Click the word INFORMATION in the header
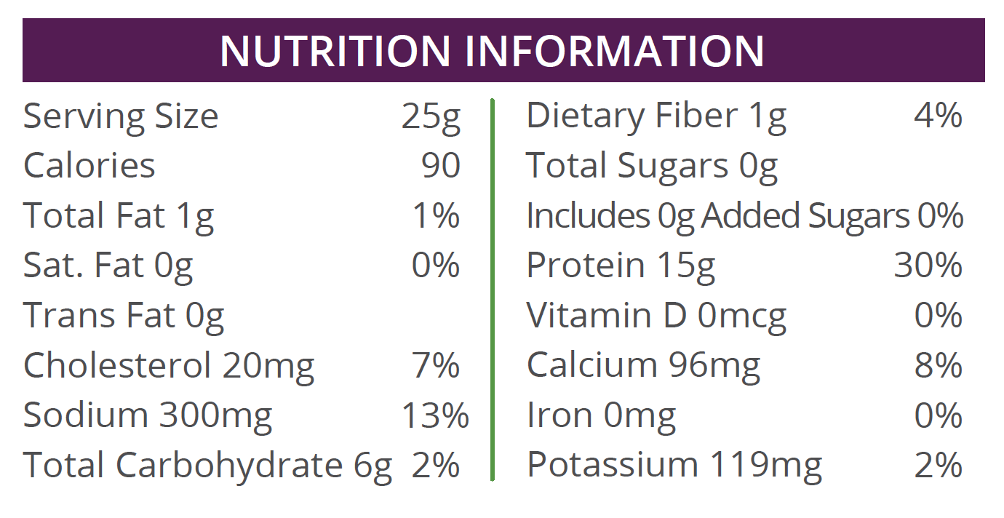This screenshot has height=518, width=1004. click(615, 50)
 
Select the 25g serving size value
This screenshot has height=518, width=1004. click(431, 117)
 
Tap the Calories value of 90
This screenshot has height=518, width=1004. click(441, 166)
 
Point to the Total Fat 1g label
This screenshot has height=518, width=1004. click(119, 216)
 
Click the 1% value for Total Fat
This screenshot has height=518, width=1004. click(436, 216)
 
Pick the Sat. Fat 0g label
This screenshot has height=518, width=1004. click(108, 266)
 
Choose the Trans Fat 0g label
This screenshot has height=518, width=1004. click(124, 316)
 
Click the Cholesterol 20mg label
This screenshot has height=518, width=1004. click(169, 365)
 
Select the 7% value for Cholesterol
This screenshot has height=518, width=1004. click(436, 365)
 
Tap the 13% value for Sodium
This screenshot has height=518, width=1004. click(435, 415)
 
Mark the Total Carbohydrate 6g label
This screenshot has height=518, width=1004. click(207, 466)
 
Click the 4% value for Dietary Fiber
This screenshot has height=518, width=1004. click(939, 116)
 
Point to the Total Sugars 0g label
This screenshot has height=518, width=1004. click(652, 166)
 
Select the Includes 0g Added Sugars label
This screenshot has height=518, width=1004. click(717, 216)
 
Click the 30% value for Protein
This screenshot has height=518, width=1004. click(928, 266)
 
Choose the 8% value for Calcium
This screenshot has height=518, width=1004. click(939, 365)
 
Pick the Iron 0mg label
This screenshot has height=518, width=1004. click(601, 415)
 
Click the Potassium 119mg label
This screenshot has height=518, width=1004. click(674, 466)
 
